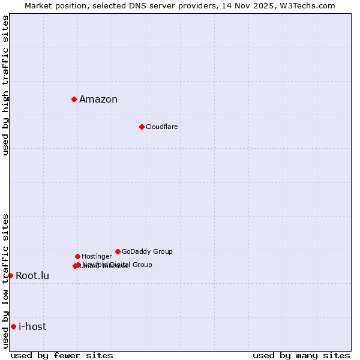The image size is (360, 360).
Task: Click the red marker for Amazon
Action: (74, 99)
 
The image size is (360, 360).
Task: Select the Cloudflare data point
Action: (142, 127)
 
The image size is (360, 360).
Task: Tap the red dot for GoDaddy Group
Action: (118, 251)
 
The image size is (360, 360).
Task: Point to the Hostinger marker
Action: (77, 256)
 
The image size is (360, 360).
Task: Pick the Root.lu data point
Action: (10, 275)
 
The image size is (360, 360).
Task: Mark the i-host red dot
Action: (13, 326)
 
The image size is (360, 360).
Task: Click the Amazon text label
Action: (98, 100)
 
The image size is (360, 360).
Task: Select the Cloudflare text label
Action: (162, 127)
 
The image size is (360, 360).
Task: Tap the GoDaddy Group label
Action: (147, 252)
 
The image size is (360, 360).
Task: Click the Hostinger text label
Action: (97, 257)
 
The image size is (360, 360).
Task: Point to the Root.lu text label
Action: (32, 276)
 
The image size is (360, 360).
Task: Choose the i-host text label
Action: (32, 327)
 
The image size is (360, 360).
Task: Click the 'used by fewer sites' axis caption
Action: (62, 355)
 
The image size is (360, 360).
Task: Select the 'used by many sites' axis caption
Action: (301, 355)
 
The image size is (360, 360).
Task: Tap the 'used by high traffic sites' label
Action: (6, 85)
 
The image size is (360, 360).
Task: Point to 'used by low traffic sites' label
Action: (6, 281)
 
